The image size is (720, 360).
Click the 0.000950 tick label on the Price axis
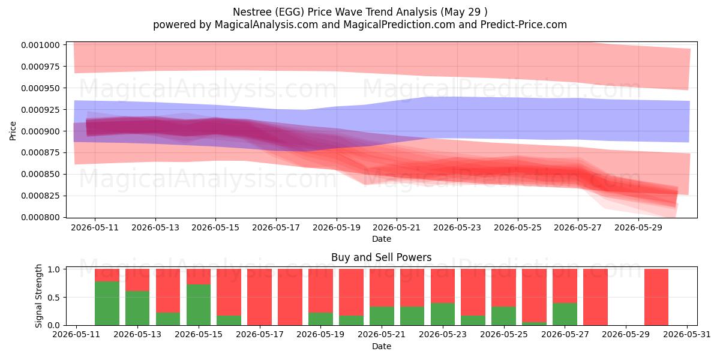click(x=41, y=88)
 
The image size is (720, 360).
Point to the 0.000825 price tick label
click(x=41, y=196)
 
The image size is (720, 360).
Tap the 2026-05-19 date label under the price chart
click(x=337, y=227)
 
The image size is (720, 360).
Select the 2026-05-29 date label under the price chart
click(x=638, y=227)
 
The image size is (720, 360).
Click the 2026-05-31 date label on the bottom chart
click(x=687, y=335)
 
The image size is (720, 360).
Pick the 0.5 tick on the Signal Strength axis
click(x=54, y=298)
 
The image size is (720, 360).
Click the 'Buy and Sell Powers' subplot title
click(x=381, y=257)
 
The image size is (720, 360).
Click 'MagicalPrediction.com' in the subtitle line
click(x=399, y=25)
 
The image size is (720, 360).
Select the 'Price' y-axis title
click(x=13, y=131)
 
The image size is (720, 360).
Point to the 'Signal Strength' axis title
click(x=38, y=296)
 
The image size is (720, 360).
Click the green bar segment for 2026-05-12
click(x=107, y=304)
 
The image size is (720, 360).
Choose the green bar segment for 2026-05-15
click(x=199, y=305)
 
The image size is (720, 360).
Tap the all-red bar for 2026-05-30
click(x=656, y=297)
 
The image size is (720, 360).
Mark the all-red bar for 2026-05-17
click(x=259, y=297)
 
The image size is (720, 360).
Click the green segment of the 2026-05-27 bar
click(x=565, y=314)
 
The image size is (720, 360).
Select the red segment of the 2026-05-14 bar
click(x=168, y=291)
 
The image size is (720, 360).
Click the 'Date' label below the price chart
click(x=382, y=239)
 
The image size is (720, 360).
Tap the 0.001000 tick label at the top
click(x=41, y=45)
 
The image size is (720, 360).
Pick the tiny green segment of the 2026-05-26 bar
click(x=534, y=323)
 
